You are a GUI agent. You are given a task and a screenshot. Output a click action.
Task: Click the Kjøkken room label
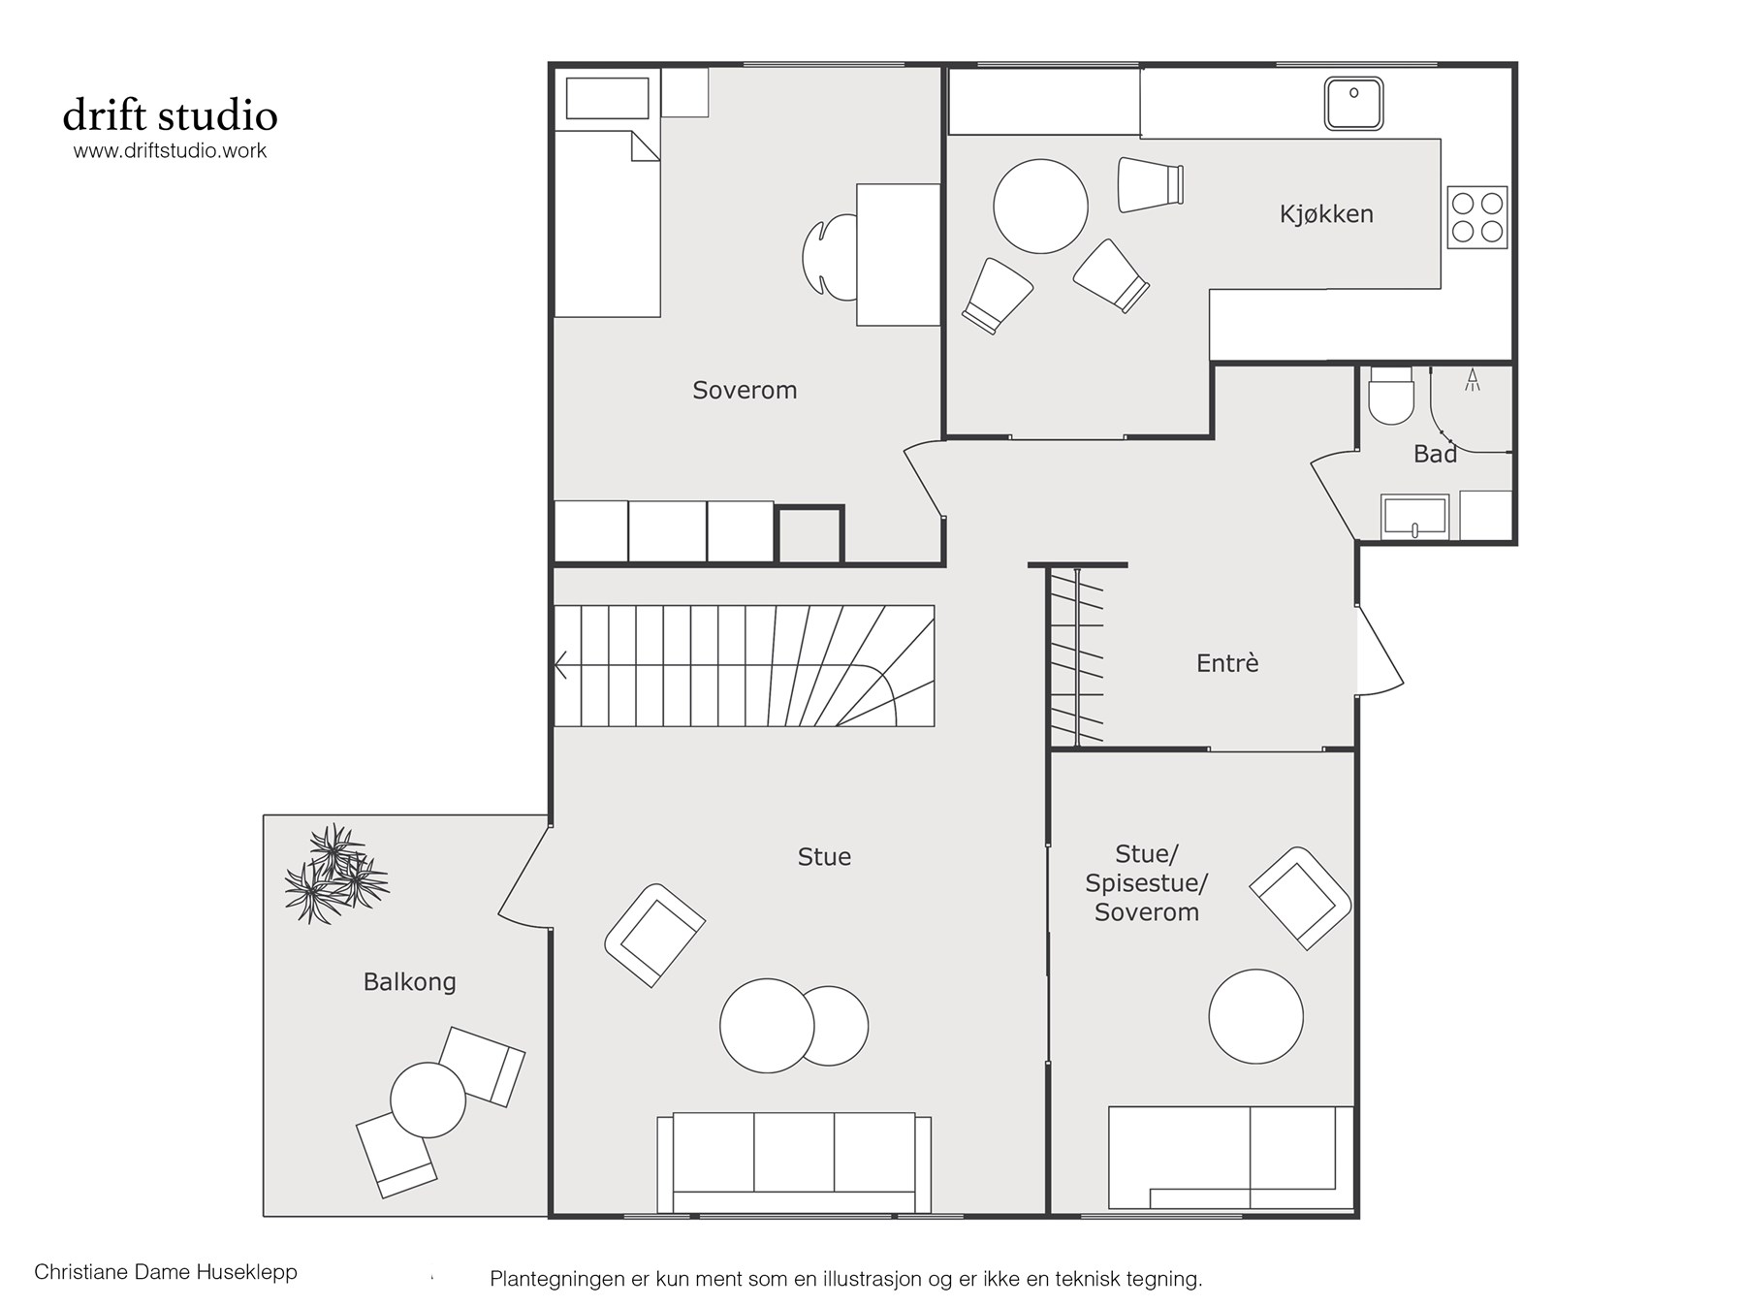(1326, 214)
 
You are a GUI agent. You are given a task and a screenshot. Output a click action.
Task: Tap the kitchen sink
(1353, 104)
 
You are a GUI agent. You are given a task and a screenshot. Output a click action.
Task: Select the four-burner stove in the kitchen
(1477, 217)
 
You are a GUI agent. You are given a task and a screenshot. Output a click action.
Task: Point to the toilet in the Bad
(1390, 397)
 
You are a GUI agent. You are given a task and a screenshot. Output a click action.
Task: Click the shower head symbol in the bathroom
(1473, 379)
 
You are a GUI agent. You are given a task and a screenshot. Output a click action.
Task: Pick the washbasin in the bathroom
(1415, 516)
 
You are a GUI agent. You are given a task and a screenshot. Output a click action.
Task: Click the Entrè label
(1227, 663)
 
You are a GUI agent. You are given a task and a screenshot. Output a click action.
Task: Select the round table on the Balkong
(428, 1100)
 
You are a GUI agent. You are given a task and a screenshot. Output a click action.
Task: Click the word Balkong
(409, 982)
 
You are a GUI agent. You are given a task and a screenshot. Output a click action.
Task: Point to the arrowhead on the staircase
(560, 665)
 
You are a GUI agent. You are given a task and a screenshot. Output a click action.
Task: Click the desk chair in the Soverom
(830, 256)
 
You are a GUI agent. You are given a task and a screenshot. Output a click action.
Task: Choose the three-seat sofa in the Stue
(794, 1163)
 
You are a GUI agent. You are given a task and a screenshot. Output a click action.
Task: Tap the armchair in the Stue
(654, 935)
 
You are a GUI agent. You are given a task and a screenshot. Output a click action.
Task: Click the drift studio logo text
(171, 115)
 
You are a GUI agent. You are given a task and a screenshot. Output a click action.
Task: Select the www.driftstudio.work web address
(171, 151)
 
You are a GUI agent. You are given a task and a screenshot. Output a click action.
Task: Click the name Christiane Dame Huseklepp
(166, 1272)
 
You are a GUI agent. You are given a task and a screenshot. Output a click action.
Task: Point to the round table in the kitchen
(1040, 207)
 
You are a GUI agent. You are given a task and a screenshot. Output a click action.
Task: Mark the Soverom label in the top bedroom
(745, 391)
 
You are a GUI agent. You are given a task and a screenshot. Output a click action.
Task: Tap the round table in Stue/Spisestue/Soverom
(1255, 1016)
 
